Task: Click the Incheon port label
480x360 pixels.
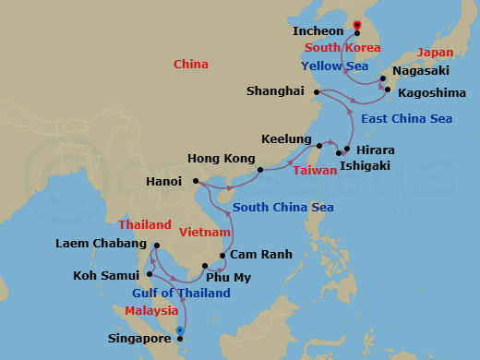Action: (x=318, y=31)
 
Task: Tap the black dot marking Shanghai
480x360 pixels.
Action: (x=317, y=92)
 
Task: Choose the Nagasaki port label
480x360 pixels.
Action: (x=421, y=70)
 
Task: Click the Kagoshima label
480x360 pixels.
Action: (x=429, y=92)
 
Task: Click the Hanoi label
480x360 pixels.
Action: (x=164, y=182)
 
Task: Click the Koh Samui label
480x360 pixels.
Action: (x=104, y=275)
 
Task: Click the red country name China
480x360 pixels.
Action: (x=191, y=64)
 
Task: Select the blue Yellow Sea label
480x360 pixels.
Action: (x=335, y=66)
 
